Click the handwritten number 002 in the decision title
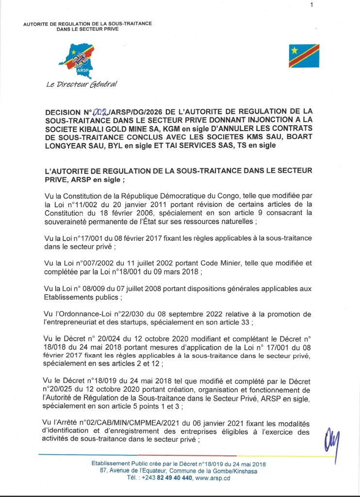click(104, 111)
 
